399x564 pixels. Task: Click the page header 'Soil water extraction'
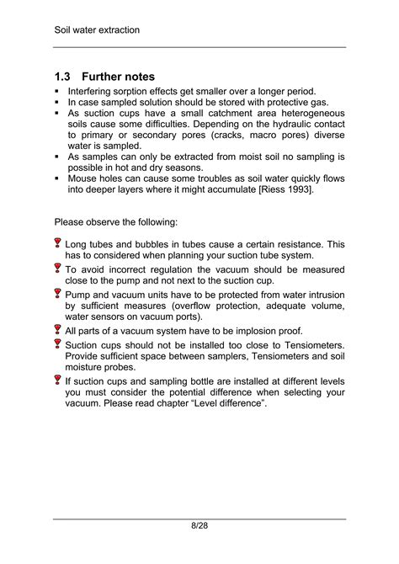(97, 30)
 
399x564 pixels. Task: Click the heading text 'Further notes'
(118, 77)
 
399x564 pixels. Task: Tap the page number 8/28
(199, 525)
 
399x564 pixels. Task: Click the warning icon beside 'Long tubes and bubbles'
(58, 244)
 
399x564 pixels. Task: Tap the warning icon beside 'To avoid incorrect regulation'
(58, 269)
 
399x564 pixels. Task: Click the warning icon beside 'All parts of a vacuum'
(58, 331)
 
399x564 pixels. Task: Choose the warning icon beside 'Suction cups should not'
(58, 344)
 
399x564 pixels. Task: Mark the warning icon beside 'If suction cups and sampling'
(58, 380)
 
